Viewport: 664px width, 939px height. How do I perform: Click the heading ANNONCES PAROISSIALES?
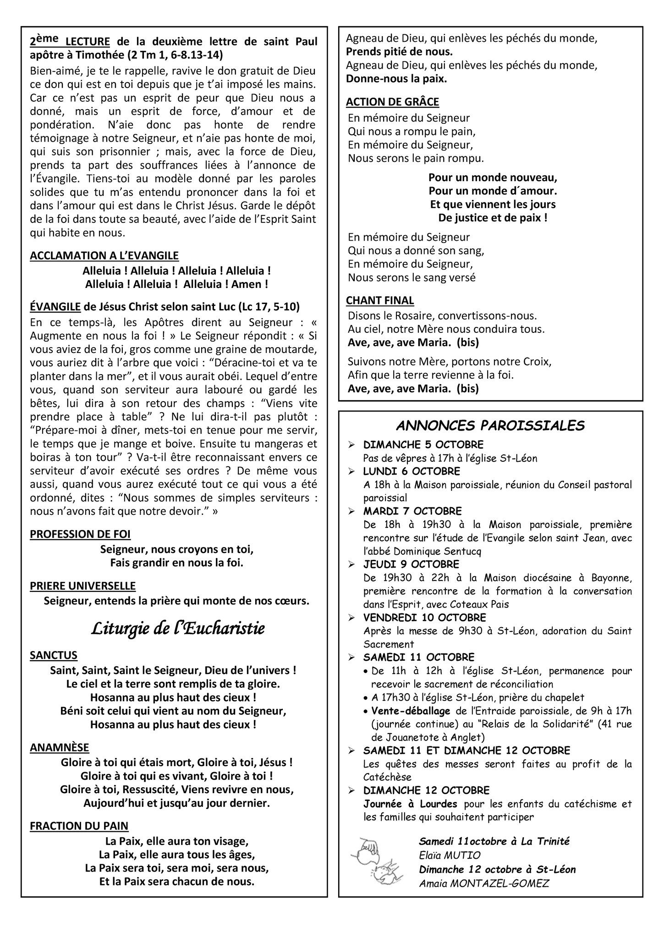click(490, 426)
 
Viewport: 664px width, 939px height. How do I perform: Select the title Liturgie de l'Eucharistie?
click(178, 629)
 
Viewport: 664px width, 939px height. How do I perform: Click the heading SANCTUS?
click(54, 655)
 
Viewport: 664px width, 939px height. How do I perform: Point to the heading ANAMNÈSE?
click(60, 747)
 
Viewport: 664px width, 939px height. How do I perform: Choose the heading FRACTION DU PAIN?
click(79, 826)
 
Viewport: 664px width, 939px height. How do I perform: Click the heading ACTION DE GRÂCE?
click(392, 102)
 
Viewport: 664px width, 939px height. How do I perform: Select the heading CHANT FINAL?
click(380, 300)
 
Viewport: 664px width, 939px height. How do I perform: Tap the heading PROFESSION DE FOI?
click(80, 534)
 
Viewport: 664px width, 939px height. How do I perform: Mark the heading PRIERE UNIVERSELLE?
click(82, 586)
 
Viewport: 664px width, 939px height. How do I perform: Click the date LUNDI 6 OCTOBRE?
click(412, 471)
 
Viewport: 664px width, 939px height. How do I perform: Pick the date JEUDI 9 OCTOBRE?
click(411, 564)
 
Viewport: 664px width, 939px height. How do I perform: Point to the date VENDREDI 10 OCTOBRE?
click(424, 618)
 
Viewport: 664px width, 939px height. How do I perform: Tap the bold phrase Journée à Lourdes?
click(410, 804)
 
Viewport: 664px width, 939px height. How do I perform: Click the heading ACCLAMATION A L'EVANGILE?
click(104, 255)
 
